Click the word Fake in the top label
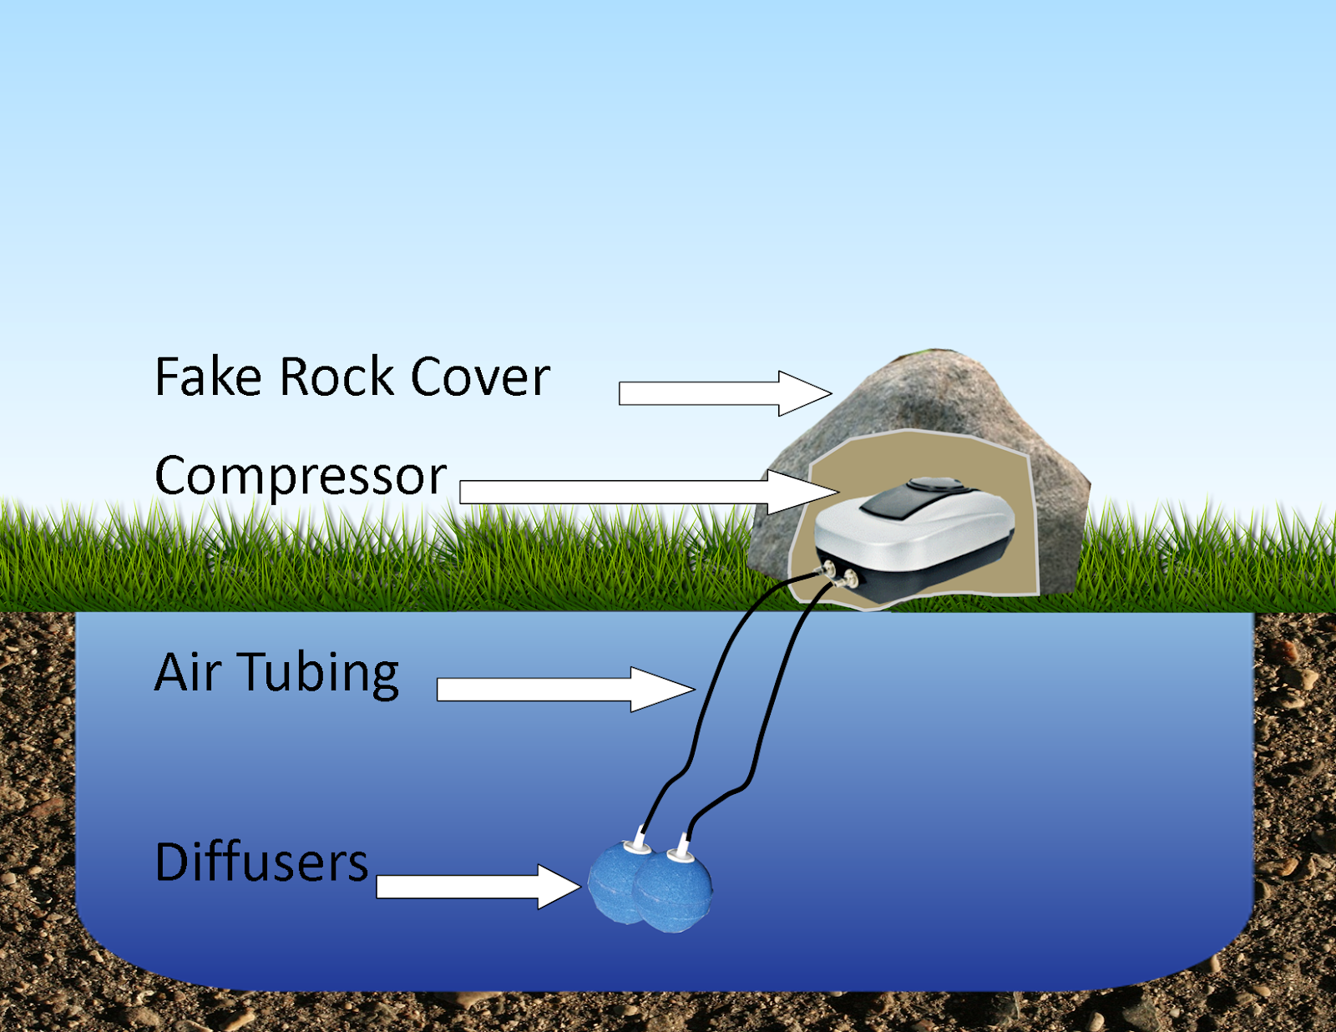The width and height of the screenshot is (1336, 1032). tap(208, 377)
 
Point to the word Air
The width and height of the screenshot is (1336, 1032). tap(188, 672)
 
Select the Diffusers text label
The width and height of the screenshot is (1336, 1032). tap(261, 863)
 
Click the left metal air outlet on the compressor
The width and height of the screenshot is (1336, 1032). tap(830, 570)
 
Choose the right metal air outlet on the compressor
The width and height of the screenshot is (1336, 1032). tap(851, 578)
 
